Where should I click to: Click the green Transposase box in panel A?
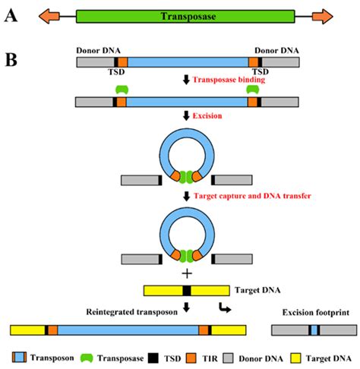click(x=185, y=17)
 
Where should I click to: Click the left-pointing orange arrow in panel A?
click(x=49, y=17)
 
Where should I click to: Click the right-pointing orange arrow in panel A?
click(x=323, y=17)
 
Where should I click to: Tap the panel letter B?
click(x=11, y=60)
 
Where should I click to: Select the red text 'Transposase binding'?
click(x=229, y=80)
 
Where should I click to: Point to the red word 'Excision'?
click(x=207, y=116)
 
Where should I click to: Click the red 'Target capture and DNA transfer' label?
click(x=252, y=196)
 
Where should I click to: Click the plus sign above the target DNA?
click(x=187, y=273)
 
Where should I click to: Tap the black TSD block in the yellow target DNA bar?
click(x=187, y=291)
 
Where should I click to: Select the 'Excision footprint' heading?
click(x=316, y=313)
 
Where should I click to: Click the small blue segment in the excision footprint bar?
click(x=314, y=330)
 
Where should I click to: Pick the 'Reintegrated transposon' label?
click(x=131, y=312)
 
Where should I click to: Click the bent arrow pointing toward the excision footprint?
click(x=225, y=307)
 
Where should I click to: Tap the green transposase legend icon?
click(x=87, y=358)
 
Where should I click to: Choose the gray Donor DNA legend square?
click(x=229, y=358)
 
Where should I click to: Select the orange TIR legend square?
click(x=191, y=358)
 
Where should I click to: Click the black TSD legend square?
click(x=153, y=358)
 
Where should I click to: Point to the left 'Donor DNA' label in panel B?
click(x=98, y=51)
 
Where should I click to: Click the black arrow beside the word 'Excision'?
click(x=186, y=116)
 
